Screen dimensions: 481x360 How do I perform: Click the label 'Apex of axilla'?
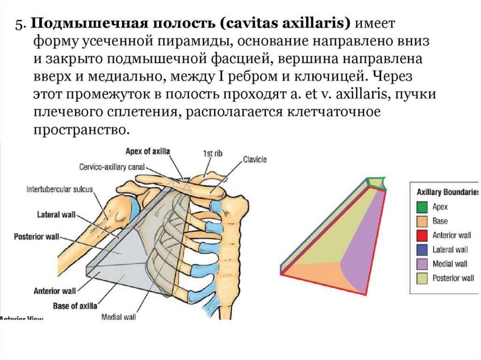point(147,151)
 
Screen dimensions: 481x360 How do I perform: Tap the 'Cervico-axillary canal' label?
point(112,167)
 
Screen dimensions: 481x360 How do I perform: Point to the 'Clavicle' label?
point(255,160)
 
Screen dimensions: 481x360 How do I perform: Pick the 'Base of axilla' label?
point(75,306)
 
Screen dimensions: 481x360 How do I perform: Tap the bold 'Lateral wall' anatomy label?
point(55,215)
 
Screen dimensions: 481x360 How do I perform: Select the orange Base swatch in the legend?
point(421,221)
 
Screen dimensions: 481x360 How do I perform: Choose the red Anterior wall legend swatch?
point(421,235)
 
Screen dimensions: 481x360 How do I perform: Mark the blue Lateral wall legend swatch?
point(421,249)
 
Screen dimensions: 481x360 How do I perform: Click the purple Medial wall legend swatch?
point(421,263)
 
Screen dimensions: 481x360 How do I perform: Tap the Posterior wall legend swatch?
point(421,278)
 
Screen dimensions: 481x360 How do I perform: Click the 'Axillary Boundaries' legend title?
point(447,192)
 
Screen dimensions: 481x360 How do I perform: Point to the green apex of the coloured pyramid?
point(377,183)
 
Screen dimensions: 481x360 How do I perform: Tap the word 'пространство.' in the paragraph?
point(80,130)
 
